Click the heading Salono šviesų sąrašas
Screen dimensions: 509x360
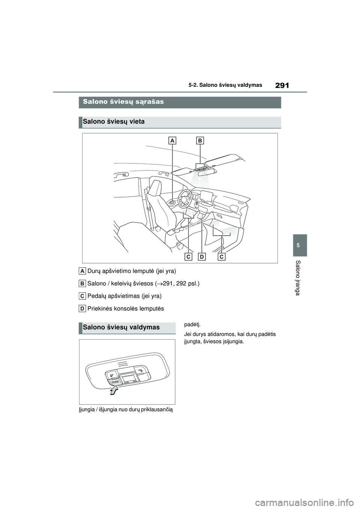tap(123, 102)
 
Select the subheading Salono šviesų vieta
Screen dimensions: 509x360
tap(114, 122)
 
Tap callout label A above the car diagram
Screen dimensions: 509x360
tap(172, 141)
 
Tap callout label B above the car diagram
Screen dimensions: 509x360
tap(200, 141)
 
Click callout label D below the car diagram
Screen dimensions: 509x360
tap(202, 257)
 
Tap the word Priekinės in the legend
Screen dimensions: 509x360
tap(99, 308)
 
